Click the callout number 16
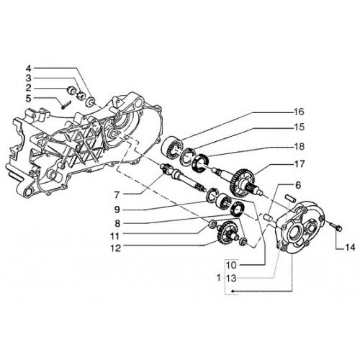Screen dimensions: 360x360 coord(299,112)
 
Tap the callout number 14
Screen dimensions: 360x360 coord(350,248)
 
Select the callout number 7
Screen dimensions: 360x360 coord(117,195)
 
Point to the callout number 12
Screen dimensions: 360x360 coord(115,248)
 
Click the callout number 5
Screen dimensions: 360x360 coord(29,99)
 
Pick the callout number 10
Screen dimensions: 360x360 coord(231,265)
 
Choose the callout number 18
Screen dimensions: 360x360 coord(299,146)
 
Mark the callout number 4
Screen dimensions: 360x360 coord(29,68)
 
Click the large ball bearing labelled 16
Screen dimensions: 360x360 coord(172,147)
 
